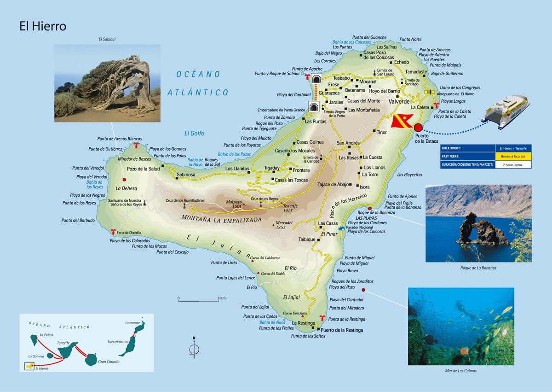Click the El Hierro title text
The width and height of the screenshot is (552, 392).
pyautogui.click(x=43, y=26)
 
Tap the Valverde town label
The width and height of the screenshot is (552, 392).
pyautogui.click(x=399, y=101)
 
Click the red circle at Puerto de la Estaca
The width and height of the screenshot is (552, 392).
pyautogui.click(x=418, y=128)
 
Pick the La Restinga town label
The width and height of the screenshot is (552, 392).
pyautogui.click(x=303, y=323)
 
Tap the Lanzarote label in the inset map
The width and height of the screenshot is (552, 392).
pyautogui.click(x=132, y=323)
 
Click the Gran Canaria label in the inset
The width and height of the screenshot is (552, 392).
pyautogui.click(x=109, y=362)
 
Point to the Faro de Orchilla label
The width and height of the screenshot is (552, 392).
pyautogui.click(x=129, y=233)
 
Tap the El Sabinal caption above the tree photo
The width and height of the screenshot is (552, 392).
pyautogui.click(x=107, y=40)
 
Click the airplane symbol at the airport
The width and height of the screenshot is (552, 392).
pyautogui.click(x=430, y=92)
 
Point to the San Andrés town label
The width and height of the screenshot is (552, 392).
pyautogui.click(x=348, y=143)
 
